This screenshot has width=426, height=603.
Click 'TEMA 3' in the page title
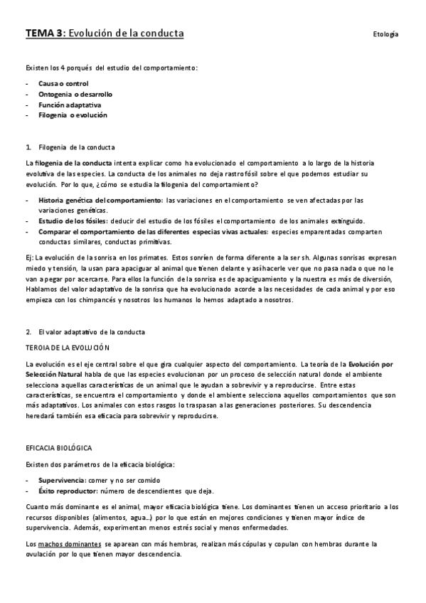click(44, 33)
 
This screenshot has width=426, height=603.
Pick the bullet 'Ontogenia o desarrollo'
click(75, 94)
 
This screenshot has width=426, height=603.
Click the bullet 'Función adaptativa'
click(70, 105)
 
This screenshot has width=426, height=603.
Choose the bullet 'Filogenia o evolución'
click(73, 114)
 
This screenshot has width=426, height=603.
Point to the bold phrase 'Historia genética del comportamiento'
click(101, 200)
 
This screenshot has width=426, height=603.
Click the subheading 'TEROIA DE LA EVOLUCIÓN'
click(68, 348)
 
